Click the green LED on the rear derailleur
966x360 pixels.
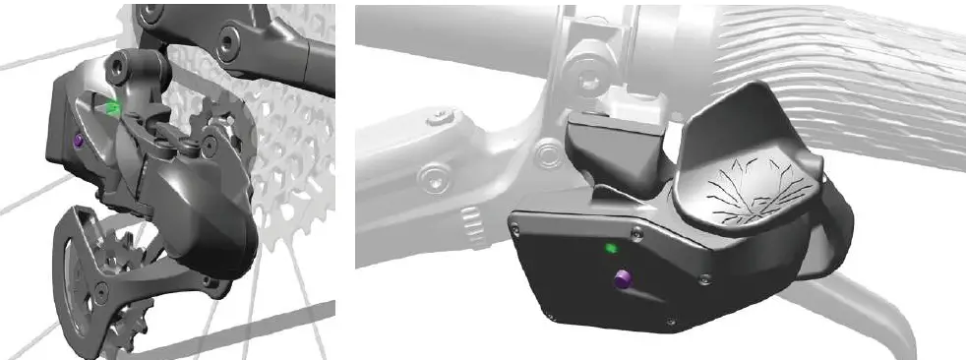pyautogui.click(x=114, y=107)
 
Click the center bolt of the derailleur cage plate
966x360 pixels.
pyautogui.click(x=100, y=287)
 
